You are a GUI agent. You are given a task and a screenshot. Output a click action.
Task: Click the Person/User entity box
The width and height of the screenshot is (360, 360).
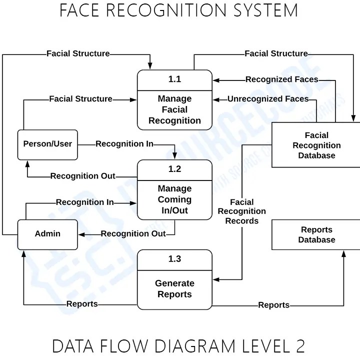pyautogui.click(x=47, y=144)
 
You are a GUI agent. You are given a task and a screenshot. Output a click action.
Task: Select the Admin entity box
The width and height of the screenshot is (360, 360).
pyautogui.click(x=47, y=234)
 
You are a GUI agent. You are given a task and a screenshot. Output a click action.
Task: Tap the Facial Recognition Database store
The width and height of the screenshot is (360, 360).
pyautogui.click(x=316, y=145)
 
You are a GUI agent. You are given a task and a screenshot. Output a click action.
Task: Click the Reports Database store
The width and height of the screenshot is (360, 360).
pyautogui.click(x=316, y=234)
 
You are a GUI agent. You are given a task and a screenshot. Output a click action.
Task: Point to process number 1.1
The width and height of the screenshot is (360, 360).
pyautogui.click(x=174, y=79)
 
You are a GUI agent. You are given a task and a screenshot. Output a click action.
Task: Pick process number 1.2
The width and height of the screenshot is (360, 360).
pyautogui.click(x=174, y=169)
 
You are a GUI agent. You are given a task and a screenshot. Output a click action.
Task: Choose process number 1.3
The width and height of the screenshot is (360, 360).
pyautogui.click(x=174, y=259)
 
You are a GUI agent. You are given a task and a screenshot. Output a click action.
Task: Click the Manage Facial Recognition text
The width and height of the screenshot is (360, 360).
pyautogui.click(x=174, y=109)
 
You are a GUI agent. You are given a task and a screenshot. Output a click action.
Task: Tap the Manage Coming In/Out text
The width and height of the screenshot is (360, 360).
pyautogui.click(x=174, y=199)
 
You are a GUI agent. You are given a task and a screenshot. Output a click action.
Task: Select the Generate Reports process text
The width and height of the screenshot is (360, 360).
pyautogui.click(x=174, y=289)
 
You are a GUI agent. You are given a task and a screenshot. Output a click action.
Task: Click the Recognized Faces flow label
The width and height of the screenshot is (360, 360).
pyautogui.click(x=281, y=79)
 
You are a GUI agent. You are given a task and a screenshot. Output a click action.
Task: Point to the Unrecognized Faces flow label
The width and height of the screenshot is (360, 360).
pyautogui.click(x=268, y=99)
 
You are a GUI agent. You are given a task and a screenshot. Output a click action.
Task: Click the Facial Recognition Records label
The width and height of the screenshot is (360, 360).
pyautogui.click(x=242, y=211)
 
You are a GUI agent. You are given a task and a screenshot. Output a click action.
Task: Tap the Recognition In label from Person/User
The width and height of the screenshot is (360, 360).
pyautogui.click(x=124, y=144)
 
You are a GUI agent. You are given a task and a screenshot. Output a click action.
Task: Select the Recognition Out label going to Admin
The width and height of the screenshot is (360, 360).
pyautogui.click(x=133, y=234)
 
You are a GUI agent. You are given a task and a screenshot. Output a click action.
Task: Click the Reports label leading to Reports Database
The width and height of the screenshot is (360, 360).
pyautogui.click(x=273, y=305)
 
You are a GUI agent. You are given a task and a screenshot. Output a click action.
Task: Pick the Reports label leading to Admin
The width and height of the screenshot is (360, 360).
pyautogui.click(x=82, y=304)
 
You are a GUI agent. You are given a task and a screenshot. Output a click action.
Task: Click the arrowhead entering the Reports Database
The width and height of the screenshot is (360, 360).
pyautogui.click(x=343, y=253)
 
